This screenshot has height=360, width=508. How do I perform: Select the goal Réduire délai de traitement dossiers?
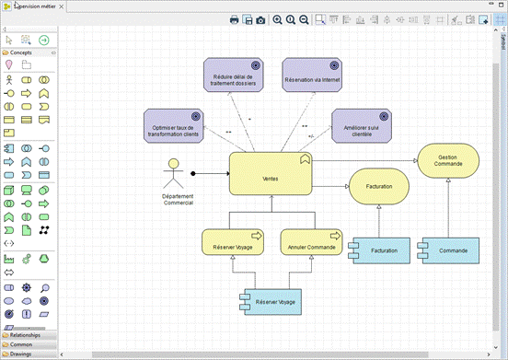click(x=233, y=77)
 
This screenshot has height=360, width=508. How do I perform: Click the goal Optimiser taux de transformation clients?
click(x=173, y=126)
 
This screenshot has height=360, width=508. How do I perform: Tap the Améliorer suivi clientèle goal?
click(x=362, y=128)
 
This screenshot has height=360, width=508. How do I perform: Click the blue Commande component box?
click(x=447, y=250)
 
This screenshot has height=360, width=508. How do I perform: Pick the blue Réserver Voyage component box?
click(x=270, y=301)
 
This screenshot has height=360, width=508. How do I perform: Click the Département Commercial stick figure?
click(x=170, y=176)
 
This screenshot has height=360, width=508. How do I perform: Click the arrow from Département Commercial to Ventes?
click(x=210, y=173)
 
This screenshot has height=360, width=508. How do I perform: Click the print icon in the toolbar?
click(x=235, y=19)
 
